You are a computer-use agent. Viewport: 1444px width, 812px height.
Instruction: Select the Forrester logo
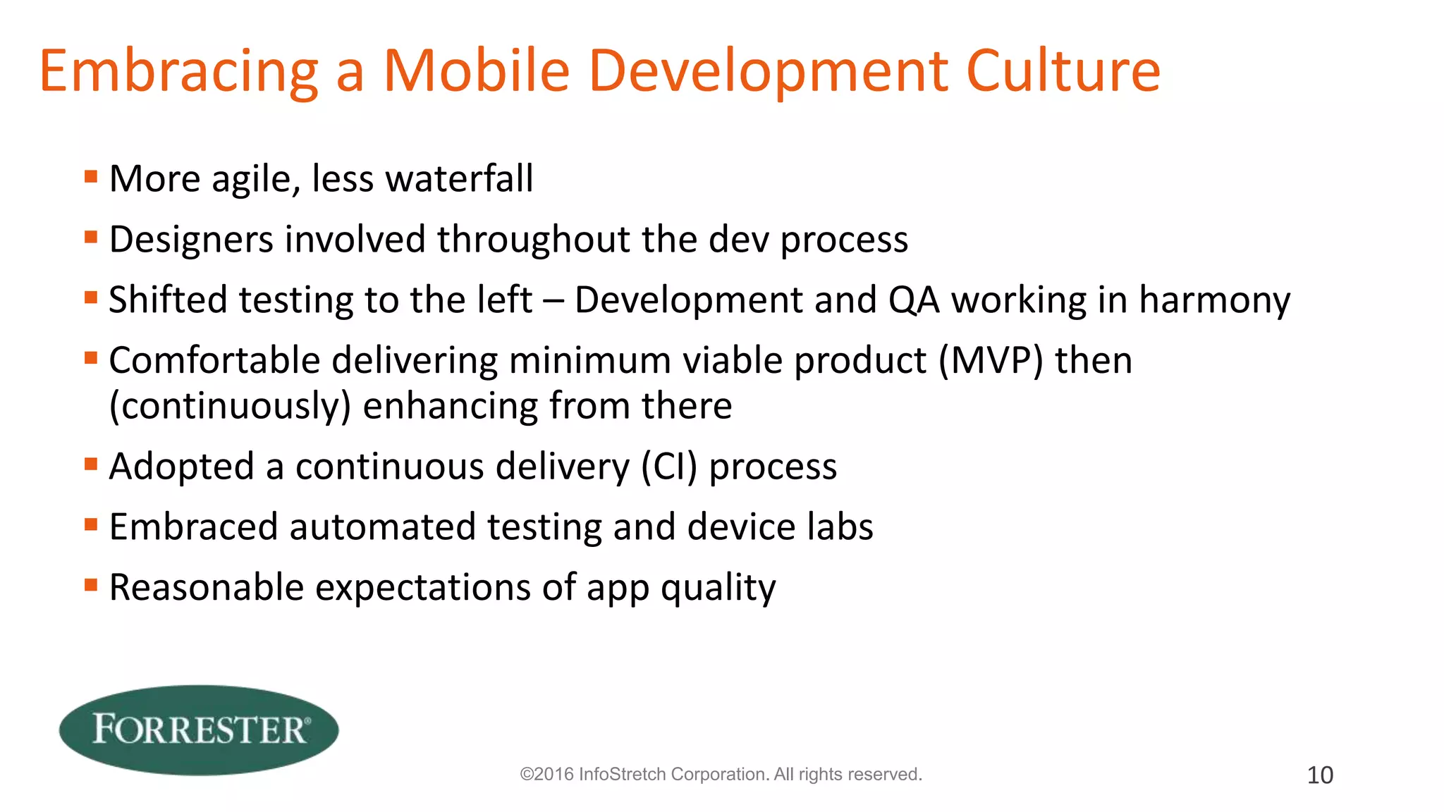pos(199,730)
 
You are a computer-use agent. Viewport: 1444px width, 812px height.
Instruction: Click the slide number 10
pos(1320,775)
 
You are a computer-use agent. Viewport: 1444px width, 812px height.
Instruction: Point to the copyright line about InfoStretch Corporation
pos(721,775)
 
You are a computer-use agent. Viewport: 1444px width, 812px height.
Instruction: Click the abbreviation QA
pos(914,300)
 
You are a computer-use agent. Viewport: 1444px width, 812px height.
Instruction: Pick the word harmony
pos(1215,300)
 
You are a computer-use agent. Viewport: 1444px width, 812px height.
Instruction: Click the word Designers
pos(191,240)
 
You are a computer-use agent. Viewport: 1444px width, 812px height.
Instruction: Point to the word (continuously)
pos(230,406)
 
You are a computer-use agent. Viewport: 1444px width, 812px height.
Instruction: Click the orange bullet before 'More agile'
pos(90,176)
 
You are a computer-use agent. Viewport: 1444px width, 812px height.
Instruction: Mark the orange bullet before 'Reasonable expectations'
pos(90,585)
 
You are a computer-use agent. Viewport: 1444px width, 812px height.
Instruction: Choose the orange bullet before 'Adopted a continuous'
pos(90,464)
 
